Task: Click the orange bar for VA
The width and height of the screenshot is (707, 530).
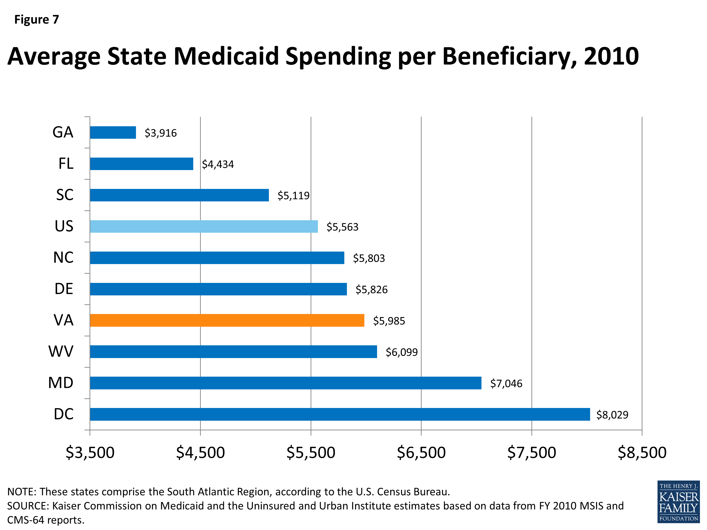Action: point(227,320)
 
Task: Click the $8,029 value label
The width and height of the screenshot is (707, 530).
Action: point(612,415)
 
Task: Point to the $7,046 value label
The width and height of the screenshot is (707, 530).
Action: point(506,383)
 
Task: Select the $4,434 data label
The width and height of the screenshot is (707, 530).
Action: point(218,164)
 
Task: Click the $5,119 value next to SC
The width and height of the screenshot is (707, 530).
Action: point(293,196)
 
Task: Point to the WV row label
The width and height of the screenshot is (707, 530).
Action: point(61,351)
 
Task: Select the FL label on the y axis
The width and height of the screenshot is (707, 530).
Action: point(66,163)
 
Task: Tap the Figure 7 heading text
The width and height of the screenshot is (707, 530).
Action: point(37,20)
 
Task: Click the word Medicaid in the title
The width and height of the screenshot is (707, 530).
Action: point(226,56)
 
